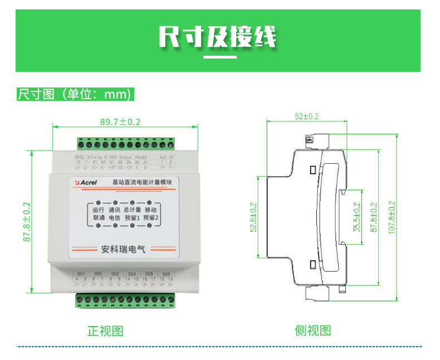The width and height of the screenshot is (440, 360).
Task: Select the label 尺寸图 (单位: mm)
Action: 75,94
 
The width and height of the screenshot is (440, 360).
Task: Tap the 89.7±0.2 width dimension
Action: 120,121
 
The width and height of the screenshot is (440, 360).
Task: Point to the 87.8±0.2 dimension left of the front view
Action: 26,221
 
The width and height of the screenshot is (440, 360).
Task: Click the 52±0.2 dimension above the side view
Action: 306,116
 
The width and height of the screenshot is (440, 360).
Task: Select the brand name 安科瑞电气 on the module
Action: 120,250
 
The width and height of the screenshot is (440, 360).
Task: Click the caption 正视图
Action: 105,331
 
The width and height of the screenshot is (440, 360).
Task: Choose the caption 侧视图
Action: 312,331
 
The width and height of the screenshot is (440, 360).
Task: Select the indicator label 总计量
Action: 133,210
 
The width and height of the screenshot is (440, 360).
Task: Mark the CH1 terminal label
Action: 81,274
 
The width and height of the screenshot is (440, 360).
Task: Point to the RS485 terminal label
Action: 141,157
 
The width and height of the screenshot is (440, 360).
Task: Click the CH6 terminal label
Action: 165,274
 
